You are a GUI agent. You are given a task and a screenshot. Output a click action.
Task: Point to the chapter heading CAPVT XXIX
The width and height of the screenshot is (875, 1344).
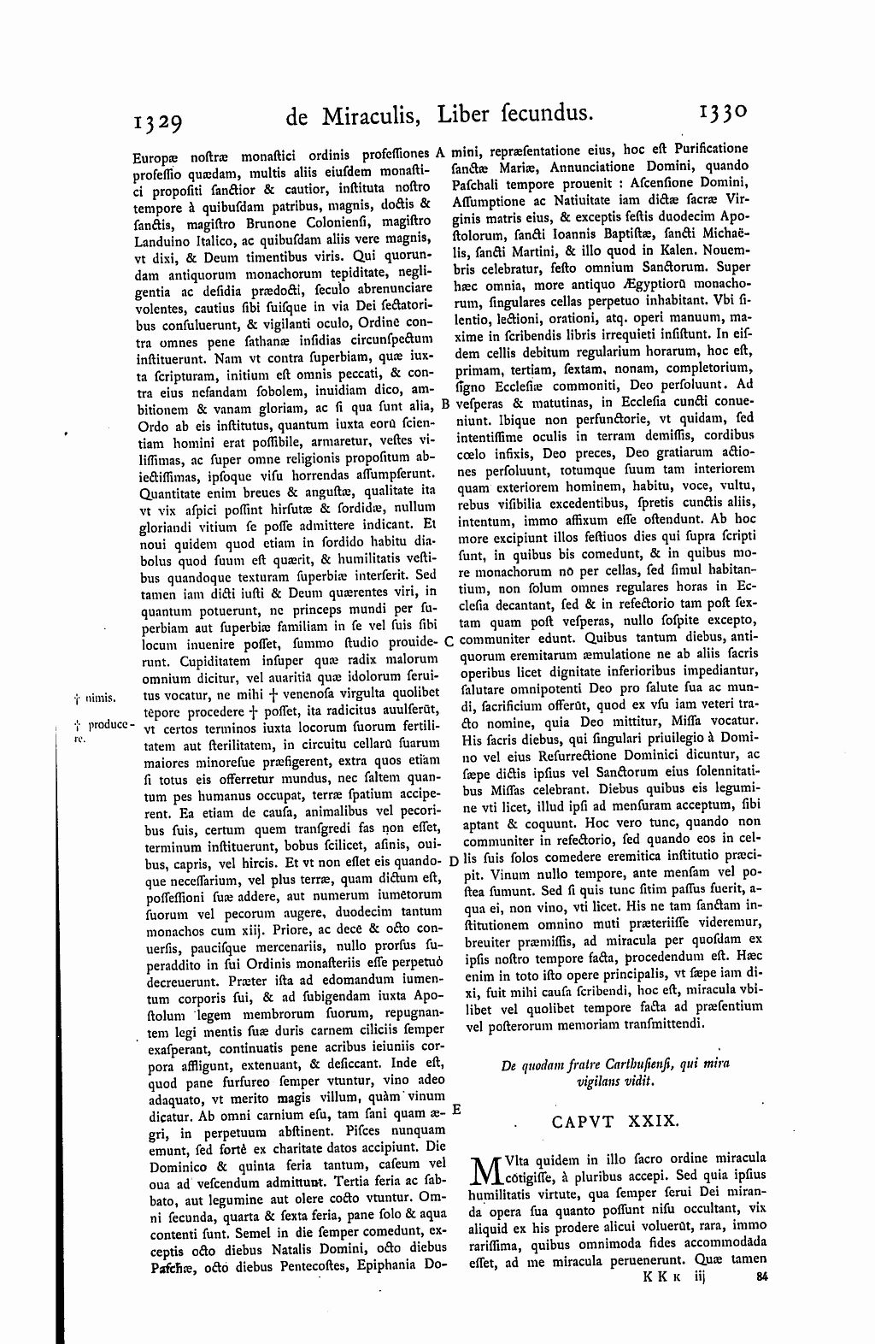[614, 1121]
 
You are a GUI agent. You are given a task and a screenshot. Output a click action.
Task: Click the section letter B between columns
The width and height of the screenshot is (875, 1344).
[445, 404]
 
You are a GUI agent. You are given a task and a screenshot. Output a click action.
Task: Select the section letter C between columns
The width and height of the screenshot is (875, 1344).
[449, 641]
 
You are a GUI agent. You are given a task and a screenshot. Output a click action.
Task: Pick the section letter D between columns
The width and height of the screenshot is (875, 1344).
[453, 859]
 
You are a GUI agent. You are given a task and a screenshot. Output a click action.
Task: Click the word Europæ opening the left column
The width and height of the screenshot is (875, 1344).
[154, 157]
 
